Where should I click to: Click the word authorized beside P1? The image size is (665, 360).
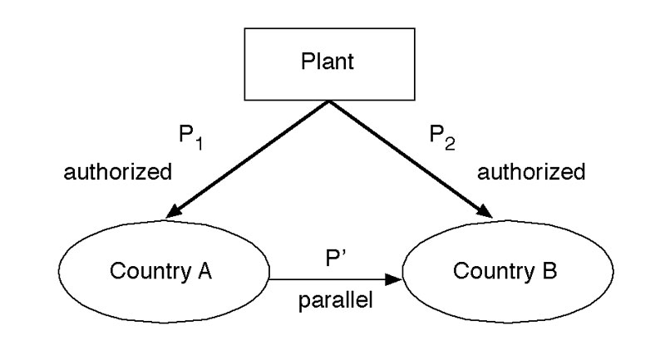[118, 174]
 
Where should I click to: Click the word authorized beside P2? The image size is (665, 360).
[532, 174]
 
